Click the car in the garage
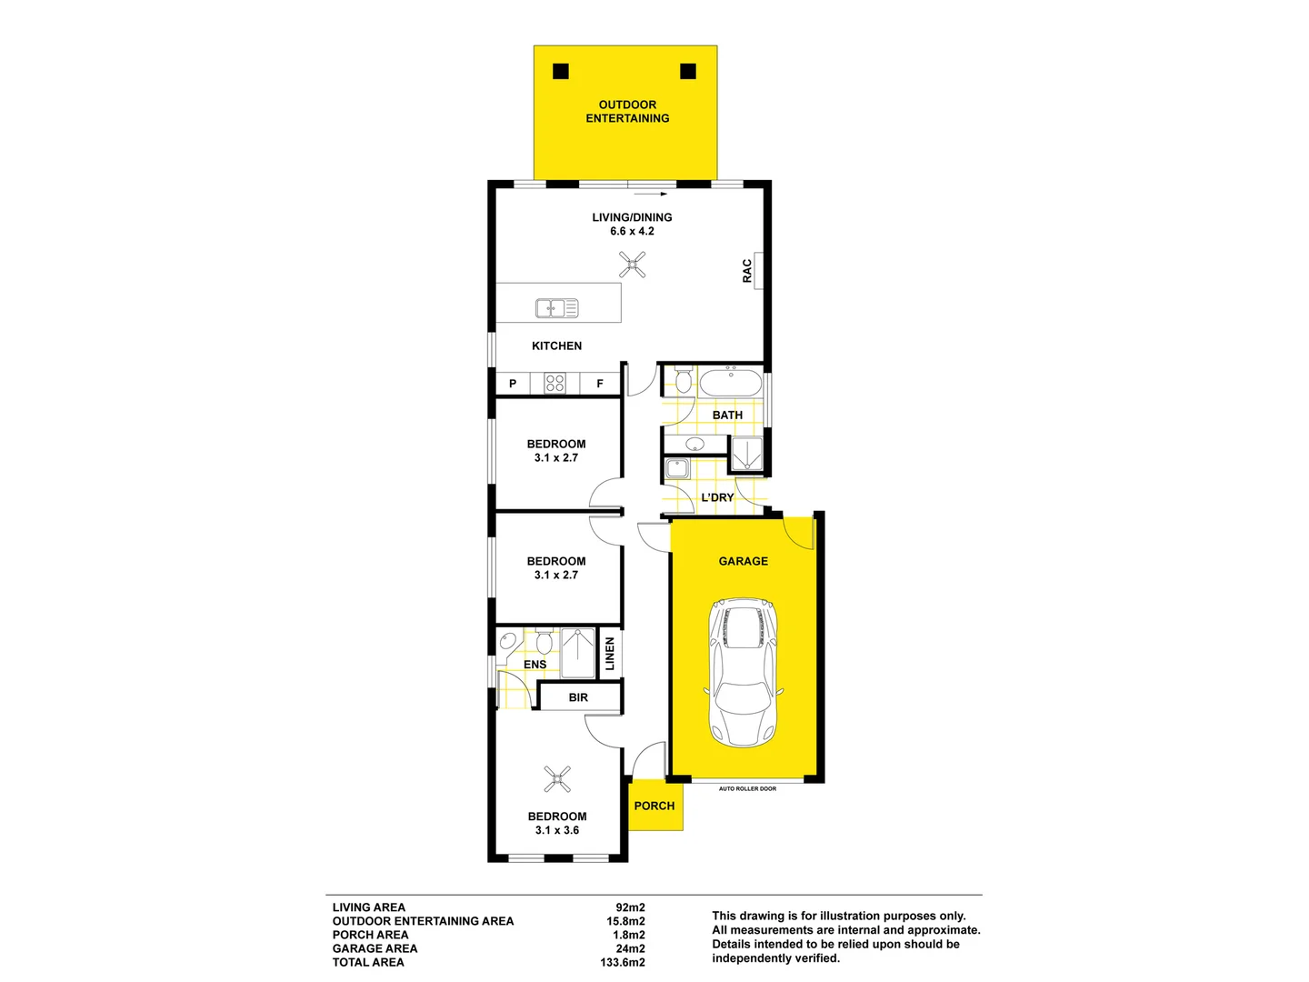coord(743,672)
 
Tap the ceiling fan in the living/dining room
coord(632,265)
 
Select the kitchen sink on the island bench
coord(556,309)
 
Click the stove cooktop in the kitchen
coord(555,383)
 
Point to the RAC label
coord(747,271)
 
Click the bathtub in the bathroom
coord(731,382)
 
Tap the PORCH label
coord(654,806)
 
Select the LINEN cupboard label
coord(610,654)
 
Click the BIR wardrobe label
coord(578,697)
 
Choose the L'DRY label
coord(717,497)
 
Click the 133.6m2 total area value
coord(623,962)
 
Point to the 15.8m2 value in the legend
coord(625,921)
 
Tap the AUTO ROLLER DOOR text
coord(747,788)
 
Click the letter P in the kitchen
coord(513,384)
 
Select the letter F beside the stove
coord(600,384)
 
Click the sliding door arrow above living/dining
coord(651,194)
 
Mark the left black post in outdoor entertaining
coord(561,71)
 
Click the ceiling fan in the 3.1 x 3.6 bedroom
coord(557,778)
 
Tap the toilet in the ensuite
coord(544,643)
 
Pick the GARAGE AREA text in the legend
coord(375,948)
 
